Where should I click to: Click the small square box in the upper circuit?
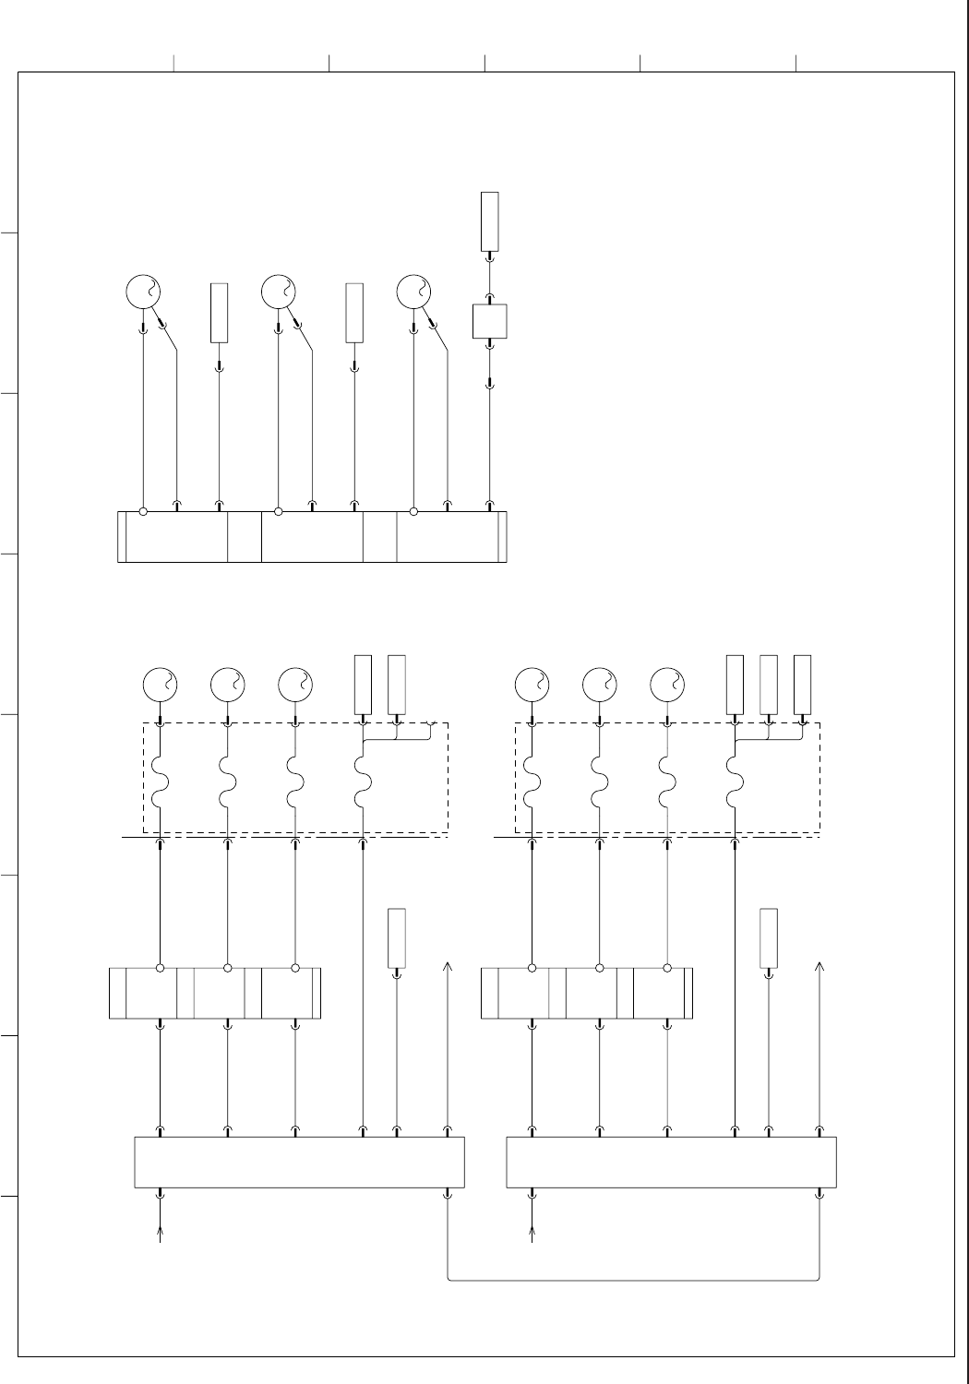click(x=490, y=321)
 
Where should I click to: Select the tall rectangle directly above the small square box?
click(x=490, y=221)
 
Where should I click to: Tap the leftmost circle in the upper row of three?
click(x=143, y=292)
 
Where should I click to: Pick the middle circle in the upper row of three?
click(x=279, y=292)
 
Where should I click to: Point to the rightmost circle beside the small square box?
click(x=414, y=292)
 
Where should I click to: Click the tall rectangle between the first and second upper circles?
click(x=219, y=313)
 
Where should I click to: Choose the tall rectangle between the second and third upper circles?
click(x=354, y=313)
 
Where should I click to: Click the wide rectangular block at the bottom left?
click(x=299, y=1163)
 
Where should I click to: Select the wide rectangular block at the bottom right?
click(x=671, y=1163)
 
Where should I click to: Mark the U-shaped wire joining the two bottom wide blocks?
click(x=634, y=1280)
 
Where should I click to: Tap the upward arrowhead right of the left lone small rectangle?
click(x=448, y=966)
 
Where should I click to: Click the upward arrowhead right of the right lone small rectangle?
click(x=820, y=966)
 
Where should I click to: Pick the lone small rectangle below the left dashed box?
click(x=397, y=937)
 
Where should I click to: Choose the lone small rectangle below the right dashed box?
click(x=769, y=937)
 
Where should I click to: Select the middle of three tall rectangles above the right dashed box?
click(x=769, y=684)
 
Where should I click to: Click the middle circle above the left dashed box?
click(x=228, y=686)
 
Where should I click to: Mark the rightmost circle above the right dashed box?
click(x=667, y=686)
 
